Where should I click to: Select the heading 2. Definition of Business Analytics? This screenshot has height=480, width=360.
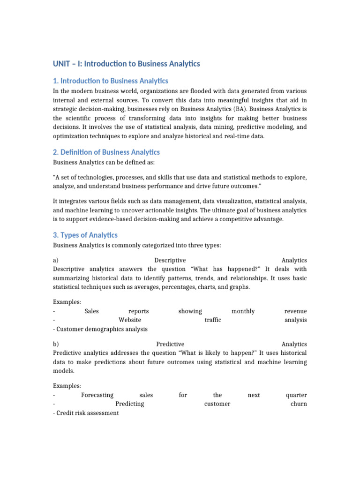click(x=106, y=152)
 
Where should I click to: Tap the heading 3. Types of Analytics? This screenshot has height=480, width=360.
click(x=85, y=235)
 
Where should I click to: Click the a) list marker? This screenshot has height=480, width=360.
click(x=56, y=260)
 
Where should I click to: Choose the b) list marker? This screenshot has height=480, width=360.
click(x=56, y=344)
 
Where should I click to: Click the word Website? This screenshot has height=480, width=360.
click(x=130, y=320)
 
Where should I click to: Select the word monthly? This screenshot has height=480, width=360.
click(x=243, y=311)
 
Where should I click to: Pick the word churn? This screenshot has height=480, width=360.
click(x=299, y=404)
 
